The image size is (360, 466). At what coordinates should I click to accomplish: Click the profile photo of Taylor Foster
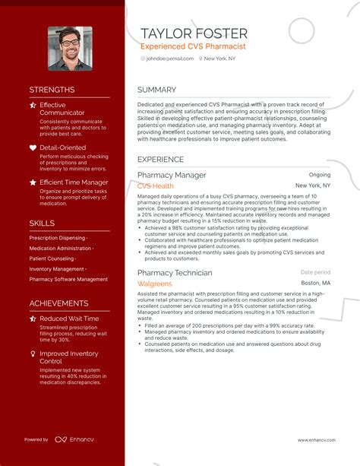point(70,49)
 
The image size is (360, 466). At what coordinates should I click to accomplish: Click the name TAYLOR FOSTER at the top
point(194,33)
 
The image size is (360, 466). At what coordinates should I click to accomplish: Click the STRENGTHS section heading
point(52,90)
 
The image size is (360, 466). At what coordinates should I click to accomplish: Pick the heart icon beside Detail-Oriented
point(33,147)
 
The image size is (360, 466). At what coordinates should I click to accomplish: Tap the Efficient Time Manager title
point(74,182)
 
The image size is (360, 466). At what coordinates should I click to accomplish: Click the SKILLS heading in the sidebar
point(42,223)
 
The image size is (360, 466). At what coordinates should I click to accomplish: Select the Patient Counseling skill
point(52,258)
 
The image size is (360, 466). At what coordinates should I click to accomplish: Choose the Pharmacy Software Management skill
point(68,279)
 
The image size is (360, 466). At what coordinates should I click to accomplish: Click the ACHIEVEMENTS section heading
point(59,303)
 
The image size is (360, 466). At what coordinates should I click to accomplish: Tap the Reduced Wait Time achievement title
point(69,319)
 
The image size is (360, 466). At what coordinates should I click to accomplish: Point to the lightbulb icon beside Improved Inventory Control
point(33,353)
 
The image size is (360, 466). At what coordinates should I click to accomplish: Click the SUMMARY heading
point(156,90)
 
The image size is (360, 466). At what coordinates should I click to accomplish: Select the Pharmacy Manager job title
point(172,175)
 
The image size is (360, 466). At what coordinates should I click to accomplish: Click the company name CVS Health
point(156,185)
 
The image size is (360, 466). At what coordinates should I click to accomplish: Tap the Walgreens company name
point(155,283)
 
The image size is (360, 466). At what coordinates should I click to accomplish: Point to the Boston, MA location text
point(316,283)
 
